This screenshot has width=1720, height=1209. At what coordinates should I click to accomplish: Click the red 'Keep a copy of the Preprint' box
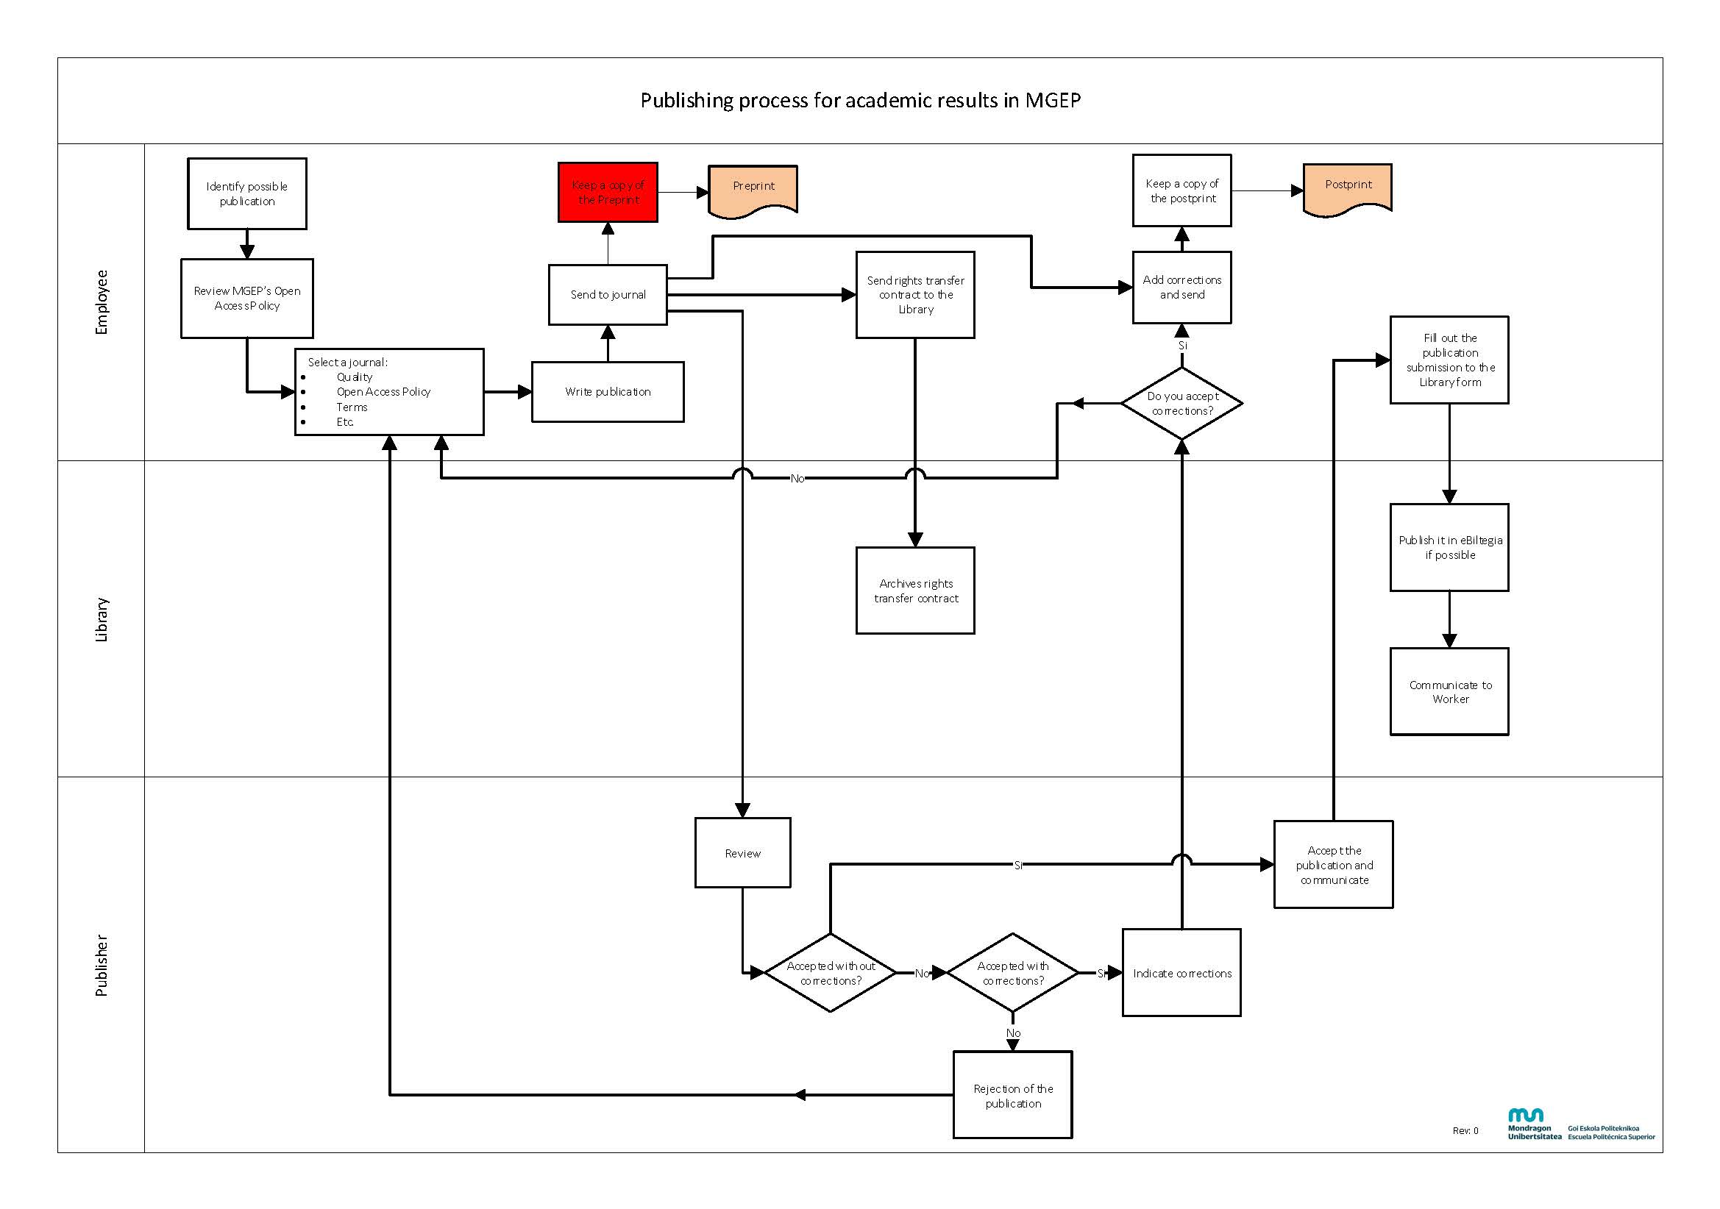coord(608,193)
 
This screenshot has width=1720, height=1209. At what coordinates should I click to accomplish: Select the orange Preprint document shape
coord(753,190)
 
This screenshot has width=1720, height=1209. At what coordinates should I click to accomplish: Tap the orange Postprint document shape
coord(1347,188)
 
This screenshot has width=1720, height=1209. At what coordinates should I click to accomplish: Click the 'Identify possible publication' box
coord(246,193)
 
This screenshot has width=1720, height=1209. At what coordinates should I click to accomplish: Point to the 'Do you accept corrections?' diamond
coord(1181,403)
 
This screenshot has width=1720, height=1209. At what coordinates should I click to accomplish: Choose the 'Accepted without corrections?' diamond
coord(830,973)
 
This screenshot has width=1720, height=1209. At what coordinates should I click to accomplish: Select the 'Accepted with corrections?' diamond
coord(1012,973)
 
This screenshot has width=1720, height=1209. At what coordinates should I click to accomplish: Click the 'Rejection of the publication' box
coord(1012,1095)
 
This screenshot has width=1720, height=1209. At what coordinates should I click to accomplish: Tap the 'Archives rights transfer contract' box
coord(914,591)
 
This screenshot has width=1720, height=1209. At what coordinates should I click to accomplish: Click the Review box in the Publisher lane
coord(742,853)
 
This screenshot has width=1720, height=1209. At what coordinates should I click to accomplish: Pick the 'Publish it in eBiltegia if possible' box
coord(1449,548)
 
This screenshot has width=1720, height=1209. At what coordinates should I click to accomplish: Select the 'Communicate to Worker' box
coord(1449,691)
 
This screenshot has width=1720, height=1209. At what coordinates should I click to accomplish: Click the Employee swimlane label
coord(101,302)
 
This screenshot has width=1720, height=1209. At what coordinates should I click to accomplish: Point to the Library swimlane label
coord(101,619)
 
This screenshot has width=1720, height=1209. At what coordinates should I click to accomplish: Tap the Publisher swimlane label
coord(101,965)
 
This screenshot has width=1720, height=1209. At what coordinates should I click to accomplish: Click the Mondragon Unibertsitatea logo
coord(1533,1124)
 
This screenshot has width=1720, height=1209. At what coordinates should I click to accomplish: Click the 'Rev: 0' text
coord(1465,1131)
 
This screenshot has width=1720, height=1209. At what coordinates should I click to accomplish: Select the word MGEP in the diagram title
coord(1053,100)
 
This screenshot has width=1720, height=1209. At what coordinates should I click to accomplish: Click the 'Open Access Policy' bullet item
coord(383,392)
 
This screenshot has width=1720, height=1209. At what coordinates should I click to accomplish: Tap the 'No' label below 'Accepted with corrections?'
coord(1013,1033)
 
